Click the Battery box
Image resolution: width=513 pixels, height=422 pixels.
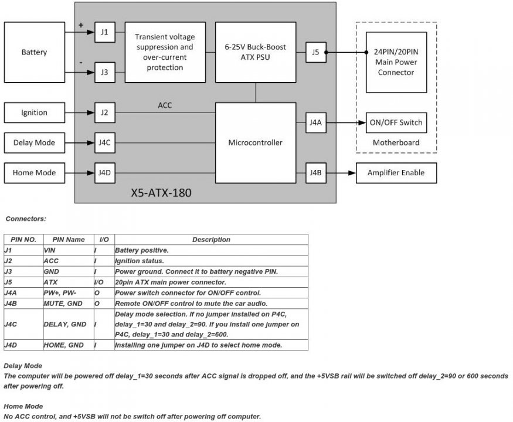34,52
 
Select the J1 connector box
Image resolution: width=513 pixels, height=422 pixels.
104,33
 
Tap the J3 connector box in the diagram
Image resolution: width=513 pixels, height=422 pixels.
104,73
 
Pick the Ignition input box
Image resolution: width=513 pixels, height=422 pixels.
34,113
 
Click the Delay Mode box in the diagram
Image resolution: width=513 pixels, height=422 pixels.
34,142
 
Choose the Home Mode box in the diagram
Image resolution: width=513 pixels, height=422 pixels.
34,172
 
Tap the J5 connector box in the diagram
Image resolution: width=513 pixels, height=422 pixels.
315,52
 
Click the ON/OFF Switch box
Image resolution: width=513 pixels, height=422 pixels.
396,123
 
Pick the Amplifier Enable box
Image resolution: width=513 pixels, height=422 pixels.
396,172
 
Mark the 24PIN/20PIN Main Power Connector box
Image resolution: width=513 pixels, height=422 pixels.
396,62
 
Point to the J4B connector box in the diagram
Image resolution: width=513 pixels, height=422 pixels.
315,172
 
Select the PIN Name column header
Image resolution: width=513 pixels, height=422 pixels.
69,240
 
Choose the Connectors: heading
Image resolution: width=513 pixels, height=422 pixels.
26,219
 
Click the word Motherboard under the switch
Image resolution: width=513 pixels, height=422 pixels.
396,142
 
